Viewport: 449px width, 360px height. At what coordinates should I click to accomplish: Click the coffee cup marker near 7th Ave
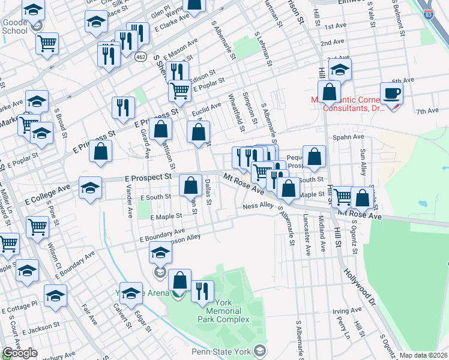click(x=391, y=94)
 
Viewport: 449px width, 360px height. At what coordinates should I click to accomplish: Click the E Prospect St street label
click(x=148, y=178)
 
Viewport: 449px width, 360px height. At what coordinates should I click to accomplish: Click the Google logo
click(x=20, y=353)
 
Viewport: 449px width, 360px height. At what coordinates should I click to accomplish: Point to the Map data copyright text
click(x=423, y=355)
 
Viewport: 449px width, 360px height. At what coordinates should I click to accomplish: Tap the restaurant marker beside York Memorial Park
click(x=202, y=292)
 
